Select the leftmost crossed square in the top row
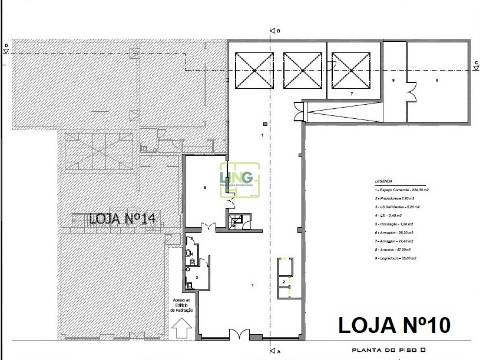254,71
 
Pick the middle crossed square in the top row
302,71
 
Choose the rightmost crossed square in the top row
351,71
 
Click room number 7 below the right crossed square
351,93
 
